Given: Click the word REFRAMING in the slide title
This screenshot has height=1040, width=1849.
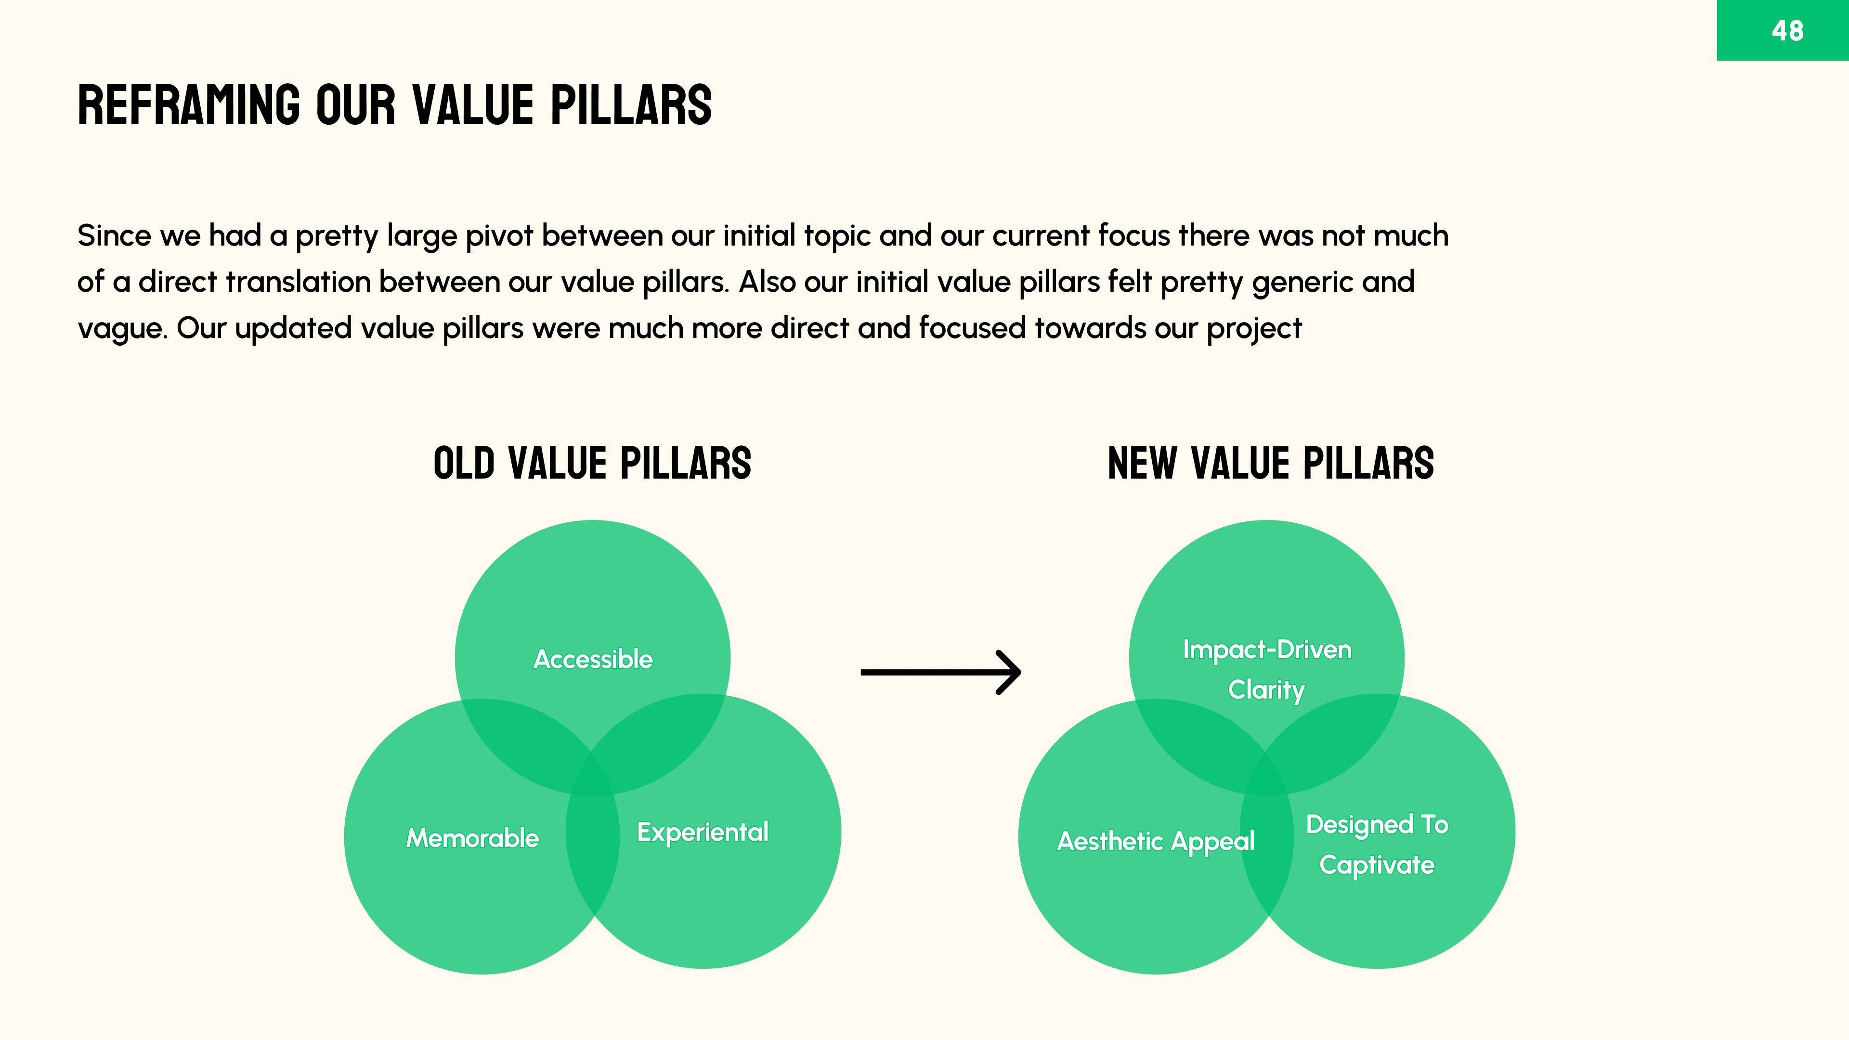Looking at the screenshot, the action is click(x=189, y=105).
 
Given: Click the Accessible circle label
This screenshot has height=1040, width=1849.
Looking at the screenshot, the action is click(x=593, y=659).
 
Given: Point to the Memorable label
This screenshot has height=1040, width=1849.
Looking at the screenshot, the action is click(x=472, y=838).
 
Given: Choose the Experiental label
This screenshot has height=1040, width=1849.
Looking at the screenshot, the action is click(x=703, y=832).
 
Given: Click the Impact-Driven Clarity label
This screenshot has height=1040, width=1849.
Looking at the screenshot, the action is click(x=1267, y=669).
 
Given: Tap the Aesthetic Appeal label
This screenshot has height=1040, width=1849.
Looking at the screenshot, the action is click(x=1156, y=841).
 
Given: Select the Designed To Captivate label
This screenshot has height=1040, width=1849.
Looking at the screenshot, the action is click(x=1377, y=844).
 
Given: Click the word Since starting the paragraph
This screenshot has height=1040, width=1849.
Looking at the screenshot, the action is click(x=114, y=235).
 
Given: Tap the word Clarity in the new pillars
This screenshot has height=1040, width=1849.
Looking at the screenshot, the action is click(x=1266, y=690).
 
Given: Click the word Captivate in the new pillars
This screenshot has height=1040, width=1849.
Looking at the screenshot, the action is click(x=1377, y=865).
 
